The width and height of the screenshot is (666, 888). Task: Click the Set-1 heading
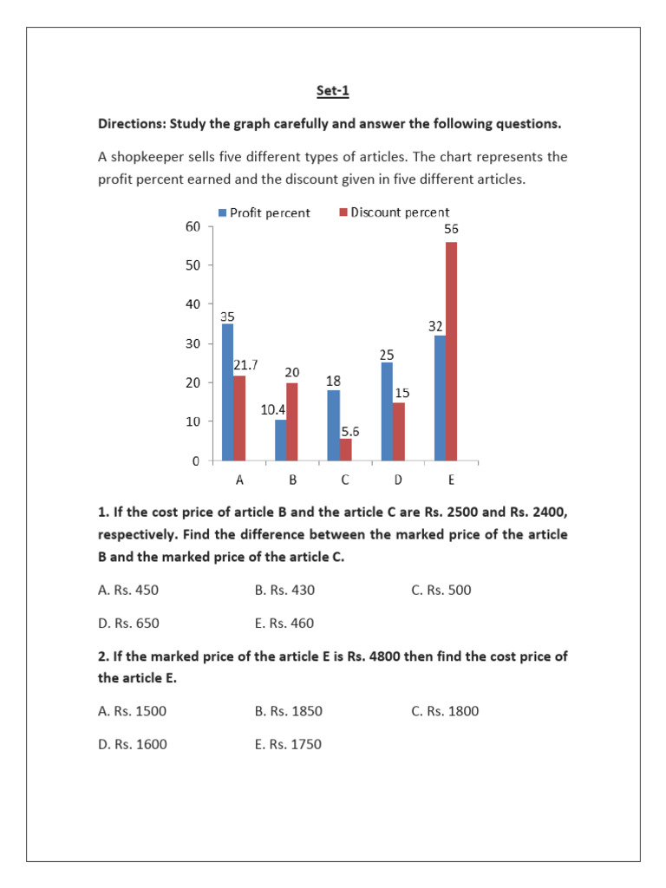point(333,89)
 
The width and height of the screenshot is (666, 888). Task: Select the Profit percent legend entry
point(264,212)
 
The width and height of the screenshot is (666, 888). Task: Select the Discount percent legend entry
point(394,212)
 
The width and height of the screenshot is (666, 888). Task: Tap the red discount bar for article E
point(451,351)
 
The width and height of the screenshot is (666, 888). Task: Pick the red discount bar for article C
point(345,449)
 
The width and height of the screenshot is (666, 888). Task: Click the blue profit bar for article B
point(280,440)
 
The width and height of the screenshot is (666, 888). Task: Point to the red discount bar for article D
point(397,431)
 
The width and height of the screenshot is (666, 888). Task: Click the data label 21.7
point(246,366)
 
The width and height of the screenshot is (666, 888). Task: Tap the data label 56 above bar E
point(451,230)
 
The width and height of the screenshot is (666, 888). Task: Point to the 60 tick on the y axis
point(193,226)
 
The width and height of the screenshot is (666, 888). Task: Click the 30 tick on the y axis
point(193,343)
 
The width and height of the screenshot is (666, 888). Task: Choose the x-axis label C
point(344,480)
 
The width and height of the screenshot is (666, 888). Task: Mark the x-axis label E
point(450,480)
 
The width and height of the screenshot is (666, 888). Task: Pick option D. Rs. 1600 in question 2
point(133,744)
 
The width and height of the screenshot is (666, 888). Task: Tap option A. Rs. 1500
point(133,711)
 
